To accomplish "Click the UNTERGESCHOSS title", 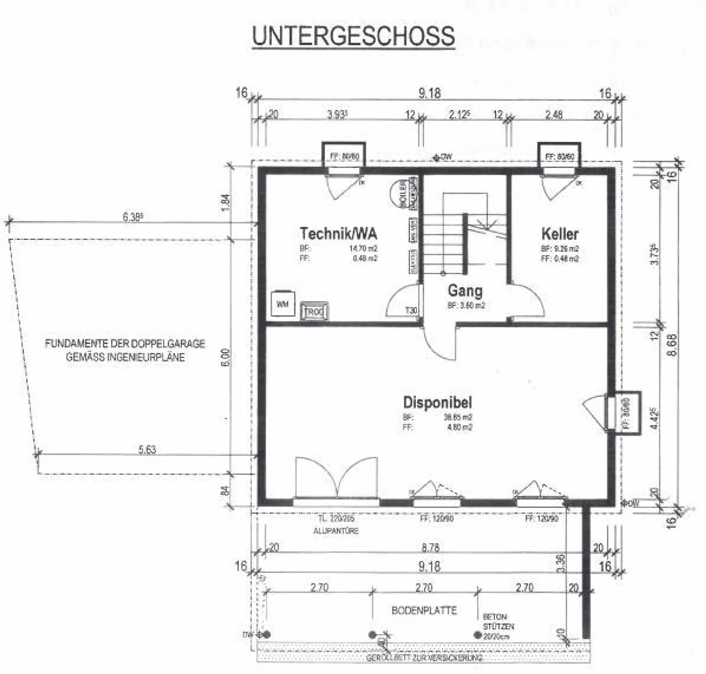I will tap(353, 36).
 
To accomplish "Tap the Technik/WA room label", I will tap(338, 233).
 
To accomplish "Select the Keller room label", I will tap(560, 233).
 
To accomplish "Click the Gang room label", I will tap(465, 291).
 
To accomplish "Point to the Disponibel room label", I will tap(437, 402).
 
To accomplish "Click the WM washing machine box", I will tap(282, 304).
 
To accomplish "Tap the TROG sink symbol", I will tap(314, 311).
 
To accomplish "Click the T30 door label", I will tap(411, 310).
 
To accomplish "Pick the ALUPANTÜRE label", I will tap(336, 531).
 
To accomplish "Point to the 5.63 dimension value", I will tap(147, 449).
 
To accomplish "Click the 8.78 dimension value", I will tap(430, 548).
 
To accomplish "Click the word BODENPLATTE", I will tap(424, 610).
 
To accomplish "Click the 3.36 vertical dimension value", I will tap(561, 563).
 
